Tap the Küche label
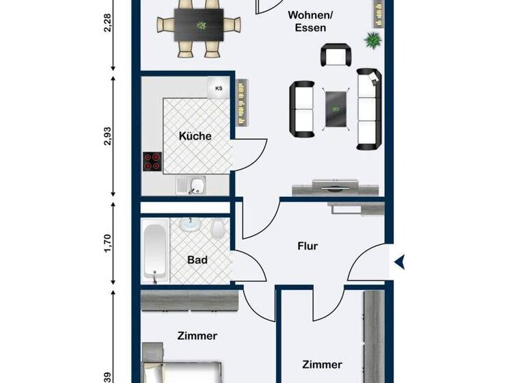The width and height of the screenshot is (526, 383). click(x=195, y=136)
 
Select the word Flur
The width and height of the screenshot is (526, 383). click(x=308, y=246)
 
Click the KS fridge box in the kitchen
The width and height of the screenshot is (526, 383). click(x=219, y=88)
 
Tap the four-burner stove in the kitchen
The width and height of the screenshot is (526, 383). click(x=152, y=161)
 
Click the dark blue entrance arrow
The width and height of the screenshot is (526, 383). click(x=400, y=261)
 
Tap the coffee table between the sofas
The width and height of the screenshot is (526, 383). click(x=336, y=108)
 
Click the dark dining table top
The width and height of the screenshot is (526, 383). click(x=200, y=27)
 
